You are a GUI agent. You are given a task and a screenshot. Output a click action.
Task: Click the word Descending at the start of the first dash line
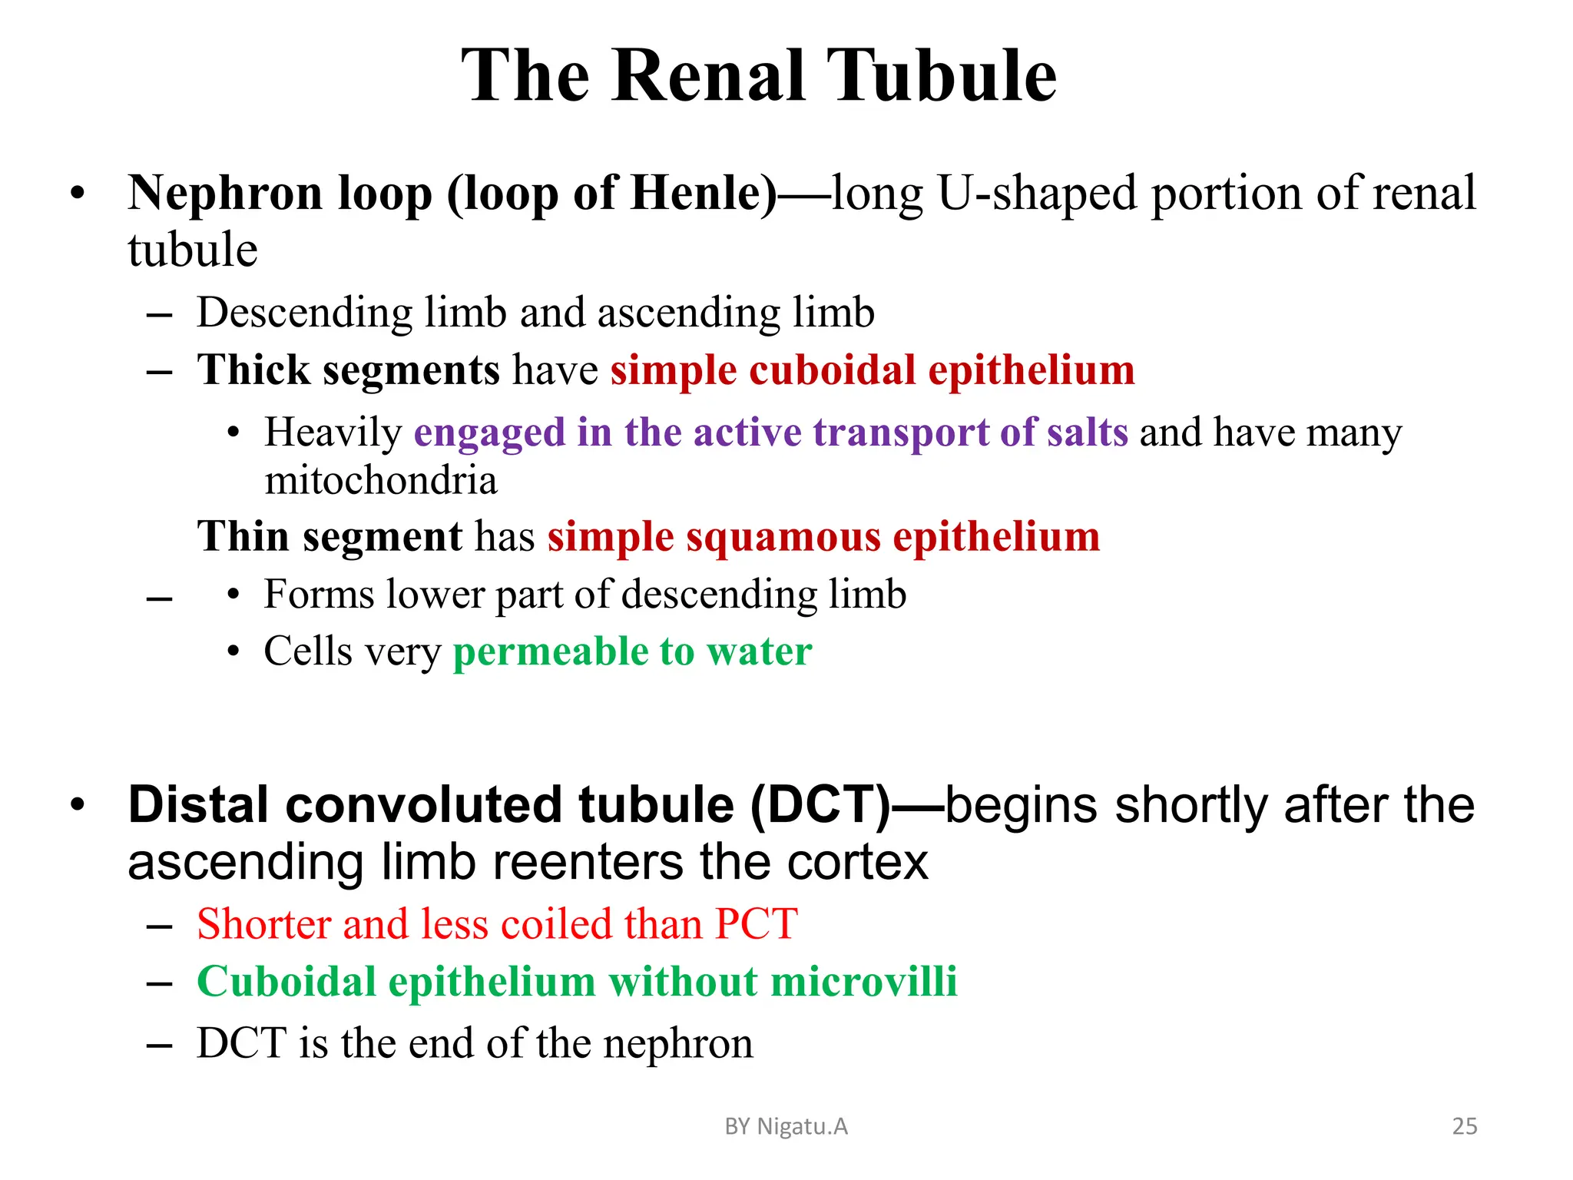click(304, 313)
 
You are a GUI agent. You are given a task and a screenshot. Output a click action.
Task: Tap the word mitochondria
click(381, 481)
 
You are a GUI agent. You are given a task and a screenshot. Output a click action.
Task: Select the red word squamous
click(783, 536)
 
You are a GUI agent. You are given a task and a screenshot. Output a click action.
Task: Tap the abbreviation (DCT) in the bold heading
click(820, 805)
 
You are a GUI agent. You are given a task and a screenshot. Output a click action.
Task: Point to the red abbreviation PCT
click(756, 923)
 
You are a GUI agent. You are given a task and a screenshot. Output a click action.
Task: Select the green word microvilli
click(864, 982)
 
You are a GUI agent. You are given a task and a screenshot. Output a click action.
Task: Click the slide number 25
click(1464, 1126)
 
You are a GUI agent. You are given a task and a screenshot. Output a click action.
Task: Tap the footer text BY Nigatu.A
click(786, 1126)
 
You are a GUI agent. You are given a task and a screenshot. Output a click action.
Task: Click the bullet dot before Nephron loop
click(77, 193)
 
